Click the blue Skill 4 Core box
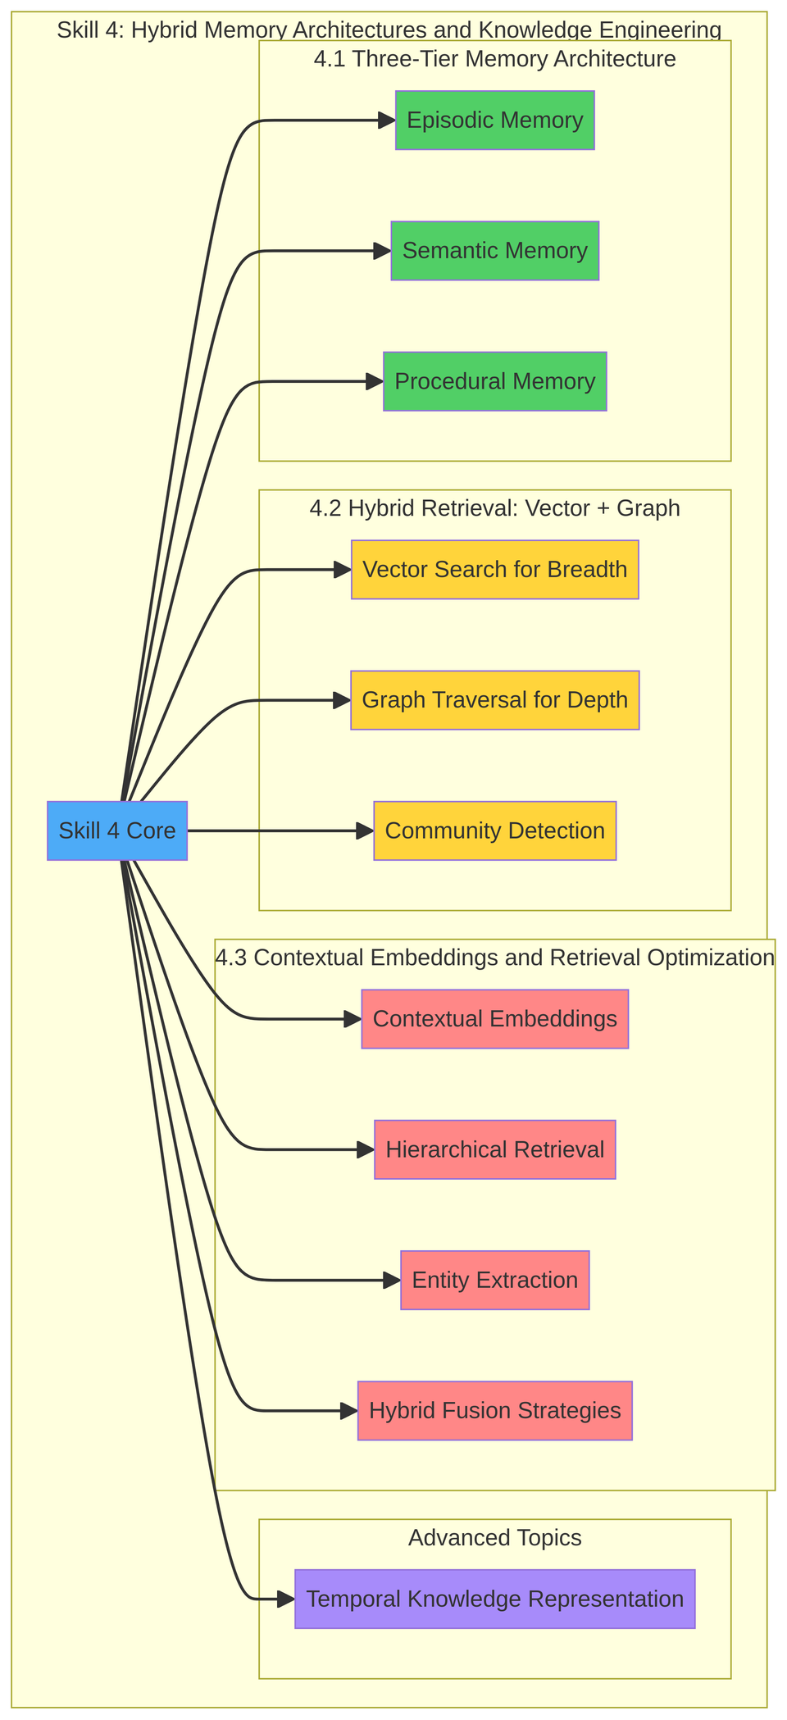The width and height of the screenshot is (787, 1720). tap(117, 830)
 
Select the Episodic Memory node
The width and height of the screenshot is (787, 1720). tap(494, 121)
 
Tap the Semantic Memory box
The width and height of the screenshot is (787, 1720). tap(494, 251)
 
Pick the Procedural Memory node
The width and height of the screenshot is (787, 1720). tap(494, 381)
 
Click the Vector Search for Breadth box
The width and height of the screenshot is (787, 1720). tap(494, 570)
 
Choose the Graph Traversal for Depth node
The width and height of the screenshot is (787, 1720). tap(494, 700)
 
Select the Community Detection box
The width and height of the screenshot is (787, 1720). tap(494, 830)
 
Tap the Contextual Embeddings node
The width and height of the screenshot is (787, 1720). tap(494, 1019)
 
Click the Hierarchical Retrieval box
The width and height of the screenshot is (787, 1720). tap(494, 1149)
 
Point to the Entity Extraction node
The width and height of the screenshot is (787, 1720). tap(494, 1280)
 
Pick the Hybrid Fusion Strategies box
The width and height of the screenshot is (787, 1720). tap(494, 1410)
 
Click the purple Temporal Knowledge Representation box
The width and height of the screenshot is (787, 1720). tap(494, 1599)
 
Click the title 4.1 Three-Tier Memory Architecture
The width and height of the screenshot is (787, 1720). tap(494, 59)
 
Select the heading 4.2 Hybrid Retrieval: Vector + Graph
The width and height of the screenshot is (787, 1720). tap(494, 508)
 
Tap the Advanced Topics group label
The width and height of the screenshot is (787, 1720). tap(494, 1538)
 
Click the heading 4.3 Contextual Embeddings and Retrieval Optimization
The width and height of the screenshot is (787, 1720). tap(494, 958)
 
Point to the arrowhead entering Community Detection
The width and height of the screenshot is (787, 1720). tap(366, 830)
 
